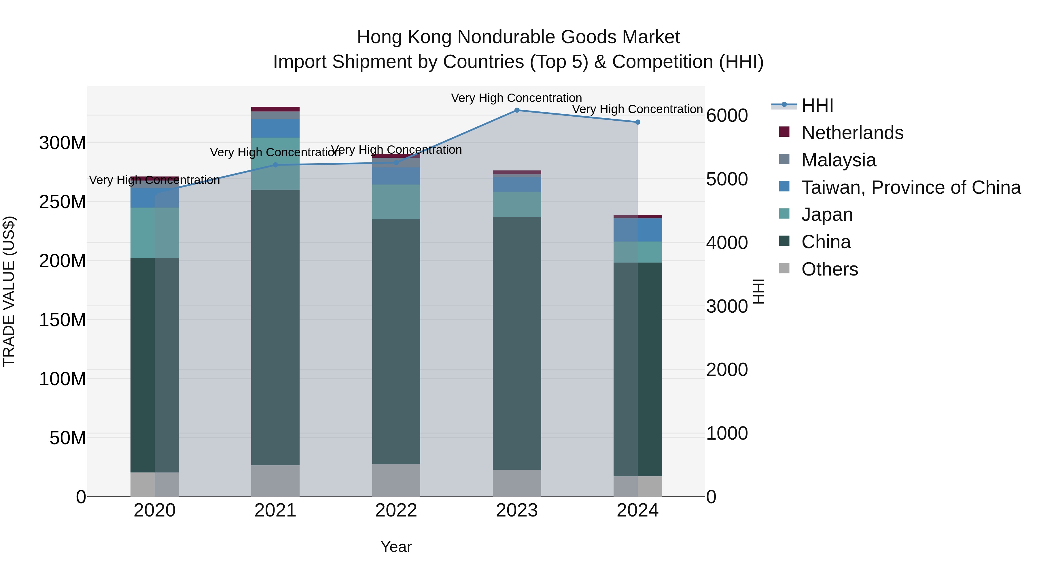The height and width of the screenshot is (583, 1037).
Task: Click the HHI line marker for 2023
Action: (x=517, y=110)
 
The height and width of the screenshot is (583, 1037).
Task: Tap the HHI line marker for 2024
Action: (x=638, y=122)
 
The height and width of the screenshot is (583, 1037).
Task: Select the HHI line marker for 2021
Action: (x=275, y=165)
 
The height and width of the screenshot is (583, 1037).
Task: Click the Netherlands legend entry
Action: (x=852, y=133)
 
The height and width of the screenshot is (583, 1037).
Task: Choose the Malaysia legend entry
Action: (x=839, y=160)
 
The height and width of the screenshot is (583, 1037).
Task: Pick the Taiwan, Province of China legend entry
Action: (x=911, y=187)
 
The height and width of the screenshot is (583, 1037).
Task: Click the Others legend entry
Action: (x=829, y=269)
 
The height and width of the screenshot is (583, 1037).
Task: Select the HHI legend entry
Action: (x=817, y=105)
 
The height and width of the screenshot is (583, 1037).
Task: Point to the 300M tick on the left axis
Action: (x=63, y=143)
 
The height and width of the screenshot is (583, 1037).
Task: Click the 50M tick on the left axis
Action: (x=68, y=438)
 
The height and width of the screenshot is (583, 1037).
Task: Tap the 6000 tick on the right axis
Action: (x=727, y=115)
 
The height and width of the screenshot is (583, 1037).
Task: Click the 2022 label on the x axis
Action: (x=396, y=510)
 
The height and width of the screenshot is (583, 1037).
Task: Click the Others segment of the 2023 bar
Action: (x=517, y=483)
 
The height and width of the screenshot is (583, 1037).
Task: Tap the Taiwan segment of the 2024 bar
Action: (x=638, y=230)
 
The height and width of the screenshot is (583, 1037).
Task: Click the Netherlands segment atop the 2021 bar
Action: (x=275, y=109)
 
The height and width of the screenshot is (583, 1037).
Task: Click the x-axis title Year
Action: (x=396, y=547)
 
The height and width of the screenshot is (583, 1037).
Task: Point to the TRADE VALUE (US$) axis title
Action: (x=9, y=291)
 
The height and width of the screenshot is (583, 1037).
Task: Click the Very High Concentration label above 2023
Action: (x=516, y=98)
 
